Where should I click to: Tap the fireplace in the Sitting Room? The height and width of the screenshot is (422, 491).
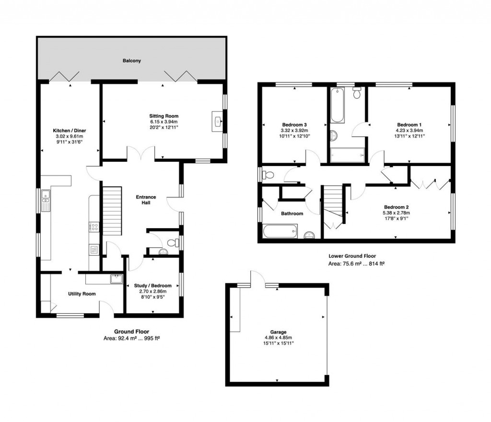[x=218, y=122]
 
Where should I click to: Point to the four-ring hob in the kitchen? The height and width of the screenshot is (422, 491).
[x=94, y=228]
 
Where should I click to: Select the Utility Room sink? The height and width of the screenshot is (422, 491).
[x=115, y=279]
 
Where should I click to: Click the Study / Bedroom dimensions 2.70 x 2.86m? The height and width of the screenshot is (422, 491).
[x=152, y=292]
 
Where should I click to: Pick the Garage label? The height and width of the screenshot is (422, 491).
[x=278, y=332]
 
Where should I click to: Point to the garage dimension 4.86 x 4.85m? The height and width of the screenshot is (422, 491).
[x=278, y=337]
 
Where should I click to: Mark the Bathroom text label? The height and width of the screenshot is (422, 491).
[x=292, y=213]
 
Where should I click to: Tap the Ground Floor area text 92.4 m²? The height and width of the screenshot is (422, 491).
[x=131, y=338]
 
